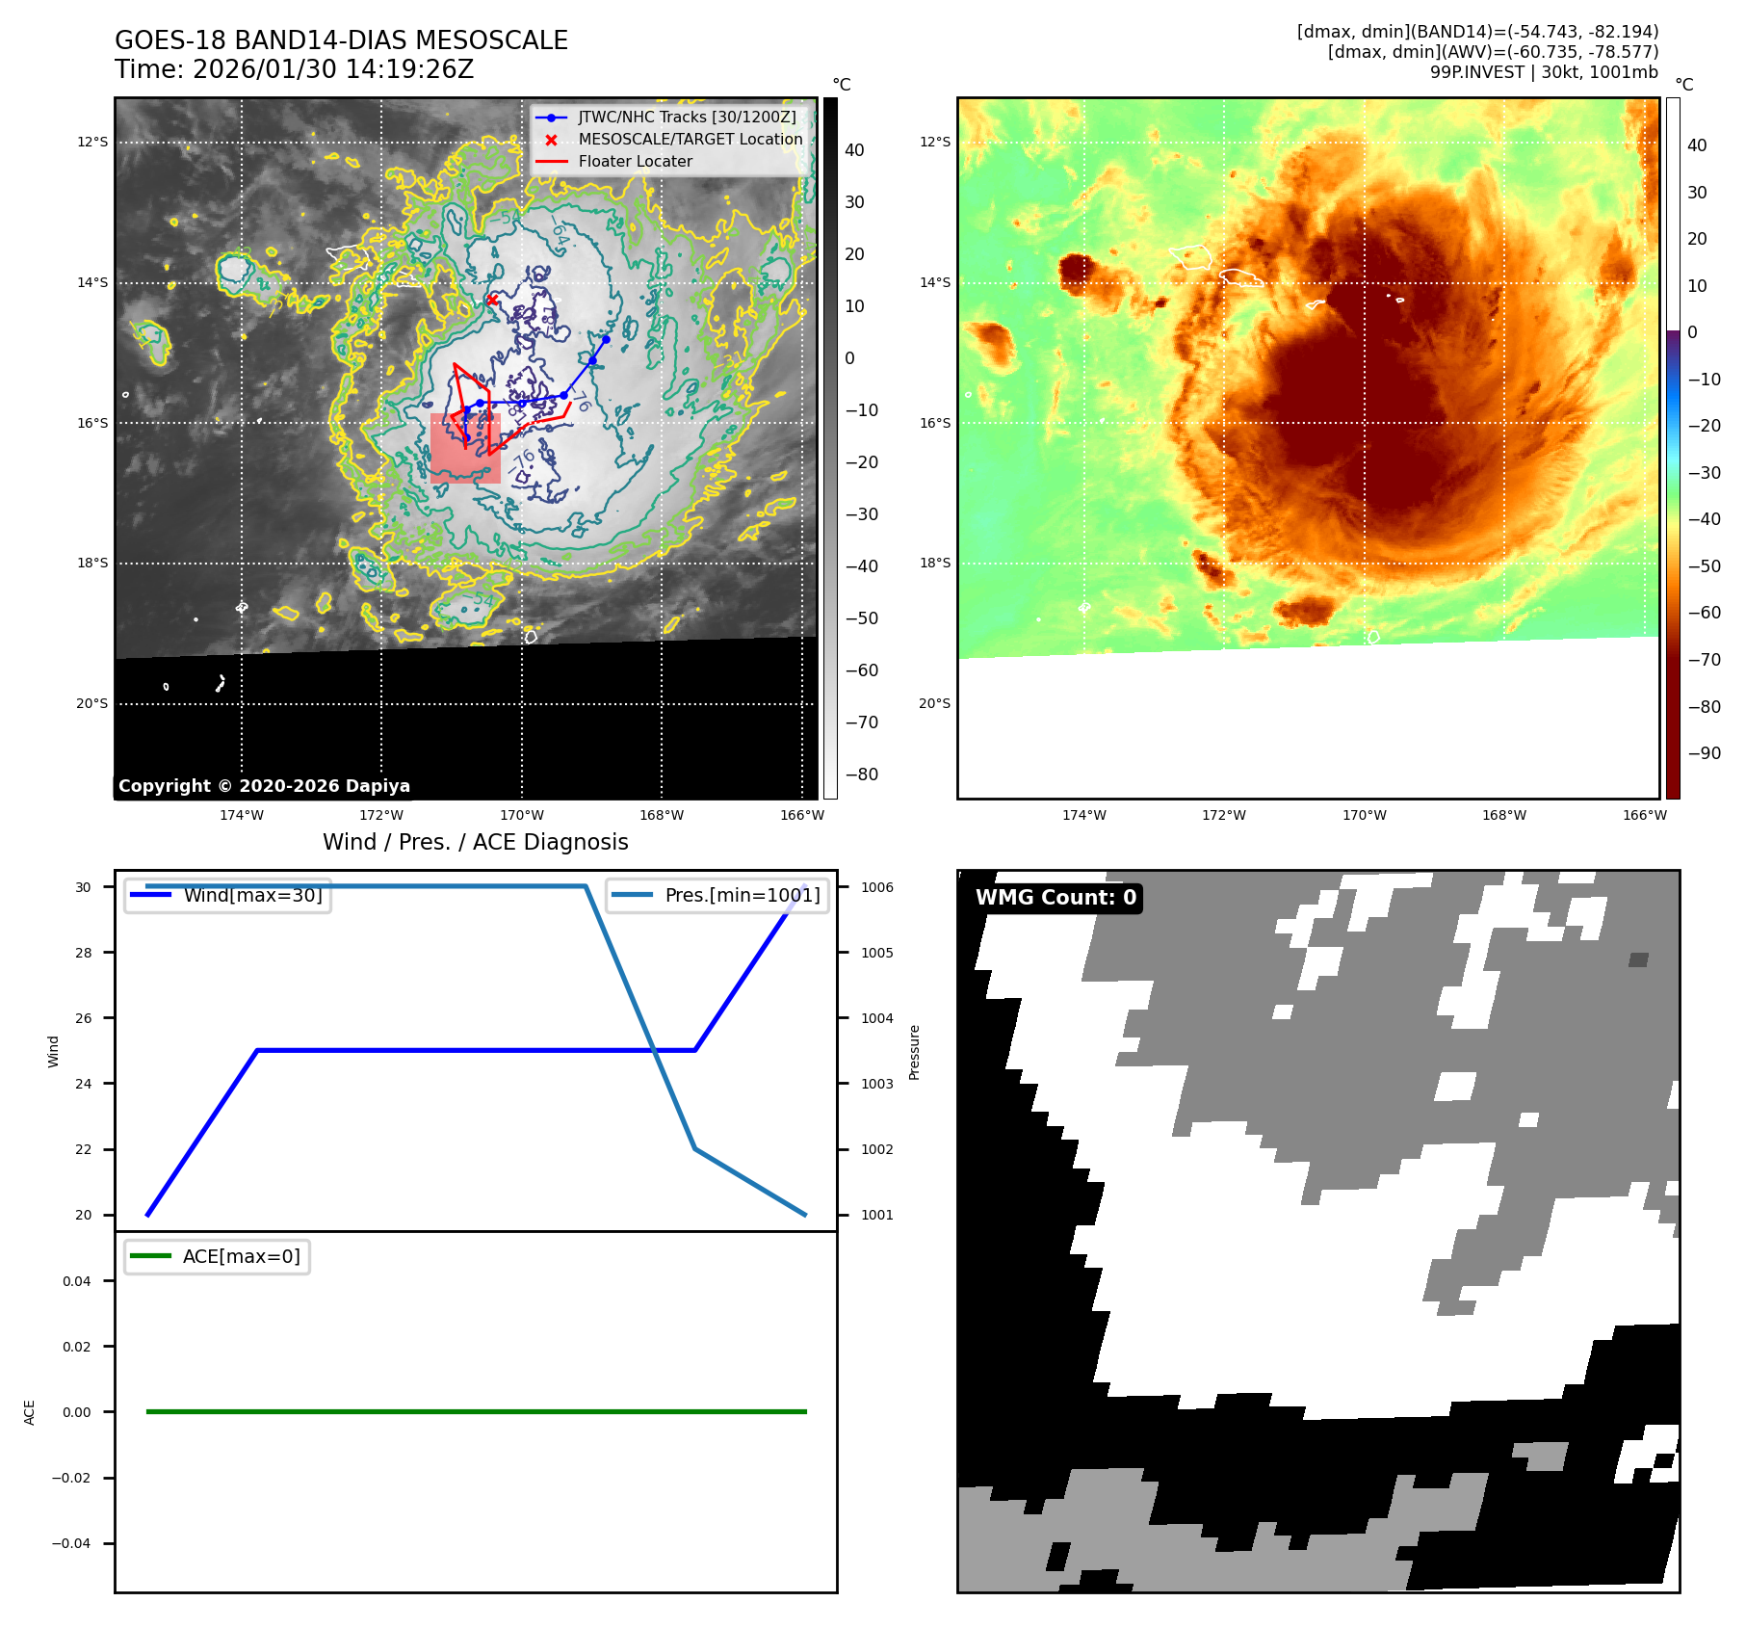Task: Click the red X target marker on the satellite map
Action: (492, 300)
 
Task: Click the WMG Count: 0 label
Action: (1055, 898)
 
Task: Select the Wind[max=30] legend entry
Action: (252, 896)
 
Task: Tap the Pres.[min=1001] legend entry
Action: (742, 896)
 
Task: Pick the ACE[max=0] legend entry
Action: (241, 1257)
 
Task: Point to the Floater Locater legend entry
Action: (635, 162)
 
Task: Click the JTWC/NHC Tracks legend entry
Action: (687, 118)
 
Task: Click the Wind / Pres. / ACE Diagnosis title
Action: (475, 843)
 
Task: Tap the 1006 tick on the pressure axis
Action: (876, 888)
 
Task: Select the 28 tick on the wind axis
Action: (84, 953)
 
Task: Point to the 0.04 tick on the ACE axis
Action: (77, 1281)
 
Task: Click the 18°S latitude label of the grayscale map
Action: (92, 564)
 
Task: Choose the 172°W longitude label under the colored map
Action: (1223, 816)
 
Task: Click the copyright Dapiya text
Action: (264, 786)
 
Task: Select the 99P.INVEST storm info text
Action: (1544, 72)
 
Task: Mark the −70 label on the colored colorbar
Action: (1704, 660)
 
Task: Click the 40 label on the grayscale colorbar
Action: (854, 150)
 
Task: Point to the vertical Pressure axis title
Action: (915, 1052)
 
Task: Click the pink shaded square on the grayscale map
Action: (465, 448)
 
